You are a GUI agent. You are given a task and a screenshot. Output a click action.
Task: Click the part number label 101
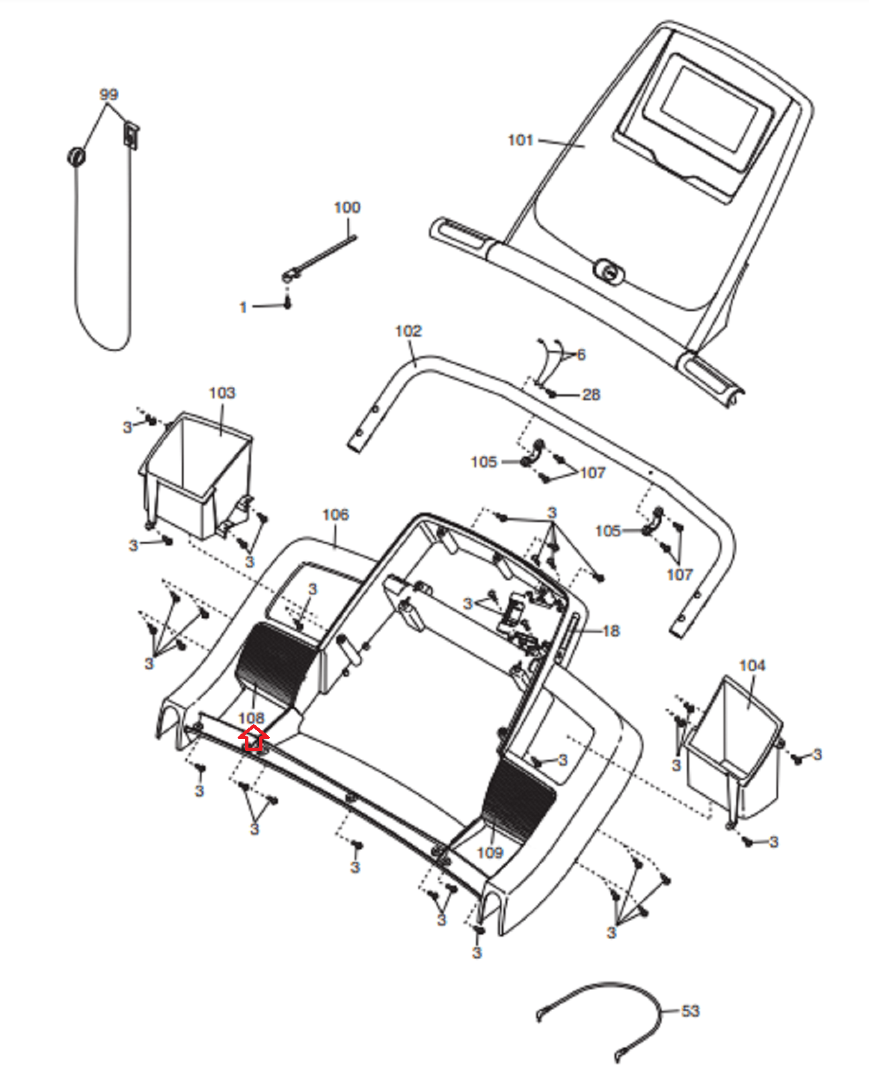point(520,140)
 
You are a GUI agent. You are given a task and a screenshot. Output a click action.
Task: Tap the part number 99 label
point(108,94)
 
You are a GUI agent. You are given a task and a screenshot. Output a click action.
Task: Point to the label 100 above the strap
point(347,208)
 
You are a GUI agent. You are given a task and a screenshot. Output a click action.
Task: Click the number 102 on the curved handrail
point(408,331)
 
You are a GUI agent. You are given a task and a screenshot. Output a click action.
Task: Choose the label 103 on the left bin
point(222,392)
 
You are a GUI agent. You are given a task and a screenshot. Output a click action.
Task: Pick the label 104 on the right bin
point(752,665)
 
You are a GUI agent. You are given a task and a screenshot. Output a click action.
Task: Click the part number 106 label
point(335,514)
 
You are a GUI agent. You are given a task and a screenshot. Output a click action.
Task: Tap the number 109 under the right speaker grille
point(490,852)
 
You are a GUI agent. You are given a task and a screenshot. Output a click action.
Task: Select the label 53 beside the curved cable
point(690,1011)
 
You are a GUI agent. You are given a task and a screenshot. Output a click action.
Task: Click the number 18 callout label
point(611,631)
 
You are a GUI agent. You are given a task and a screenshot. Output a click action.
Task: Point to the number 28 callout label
point(590,395)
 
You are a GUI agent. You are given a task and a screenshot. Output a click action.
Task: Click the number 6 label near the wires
point(581,355)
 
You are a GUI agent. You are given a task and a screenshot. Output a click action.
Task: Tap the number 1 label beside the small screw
point(243,307)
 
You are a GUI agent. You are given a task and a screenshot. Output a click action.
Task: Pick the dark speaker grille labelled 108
point(274,663)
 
